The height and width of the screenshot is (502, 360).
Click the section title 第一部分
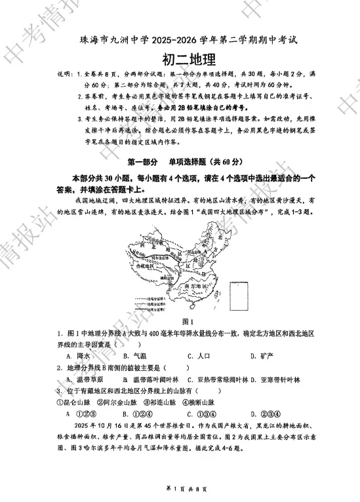click(142, 161)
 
